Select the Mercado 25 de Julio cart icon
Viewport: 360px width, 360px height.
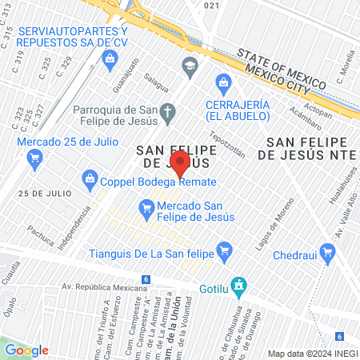[34, 158]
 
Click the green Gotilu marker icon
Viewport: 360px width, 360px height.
[238, 285]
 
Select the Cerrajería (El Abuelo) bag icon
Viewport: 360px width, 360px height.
[223, 81]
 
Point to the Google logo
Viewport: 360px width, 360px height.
[26, 350]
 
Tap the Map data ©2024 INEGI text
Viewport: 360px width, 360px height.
[312, 353]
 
